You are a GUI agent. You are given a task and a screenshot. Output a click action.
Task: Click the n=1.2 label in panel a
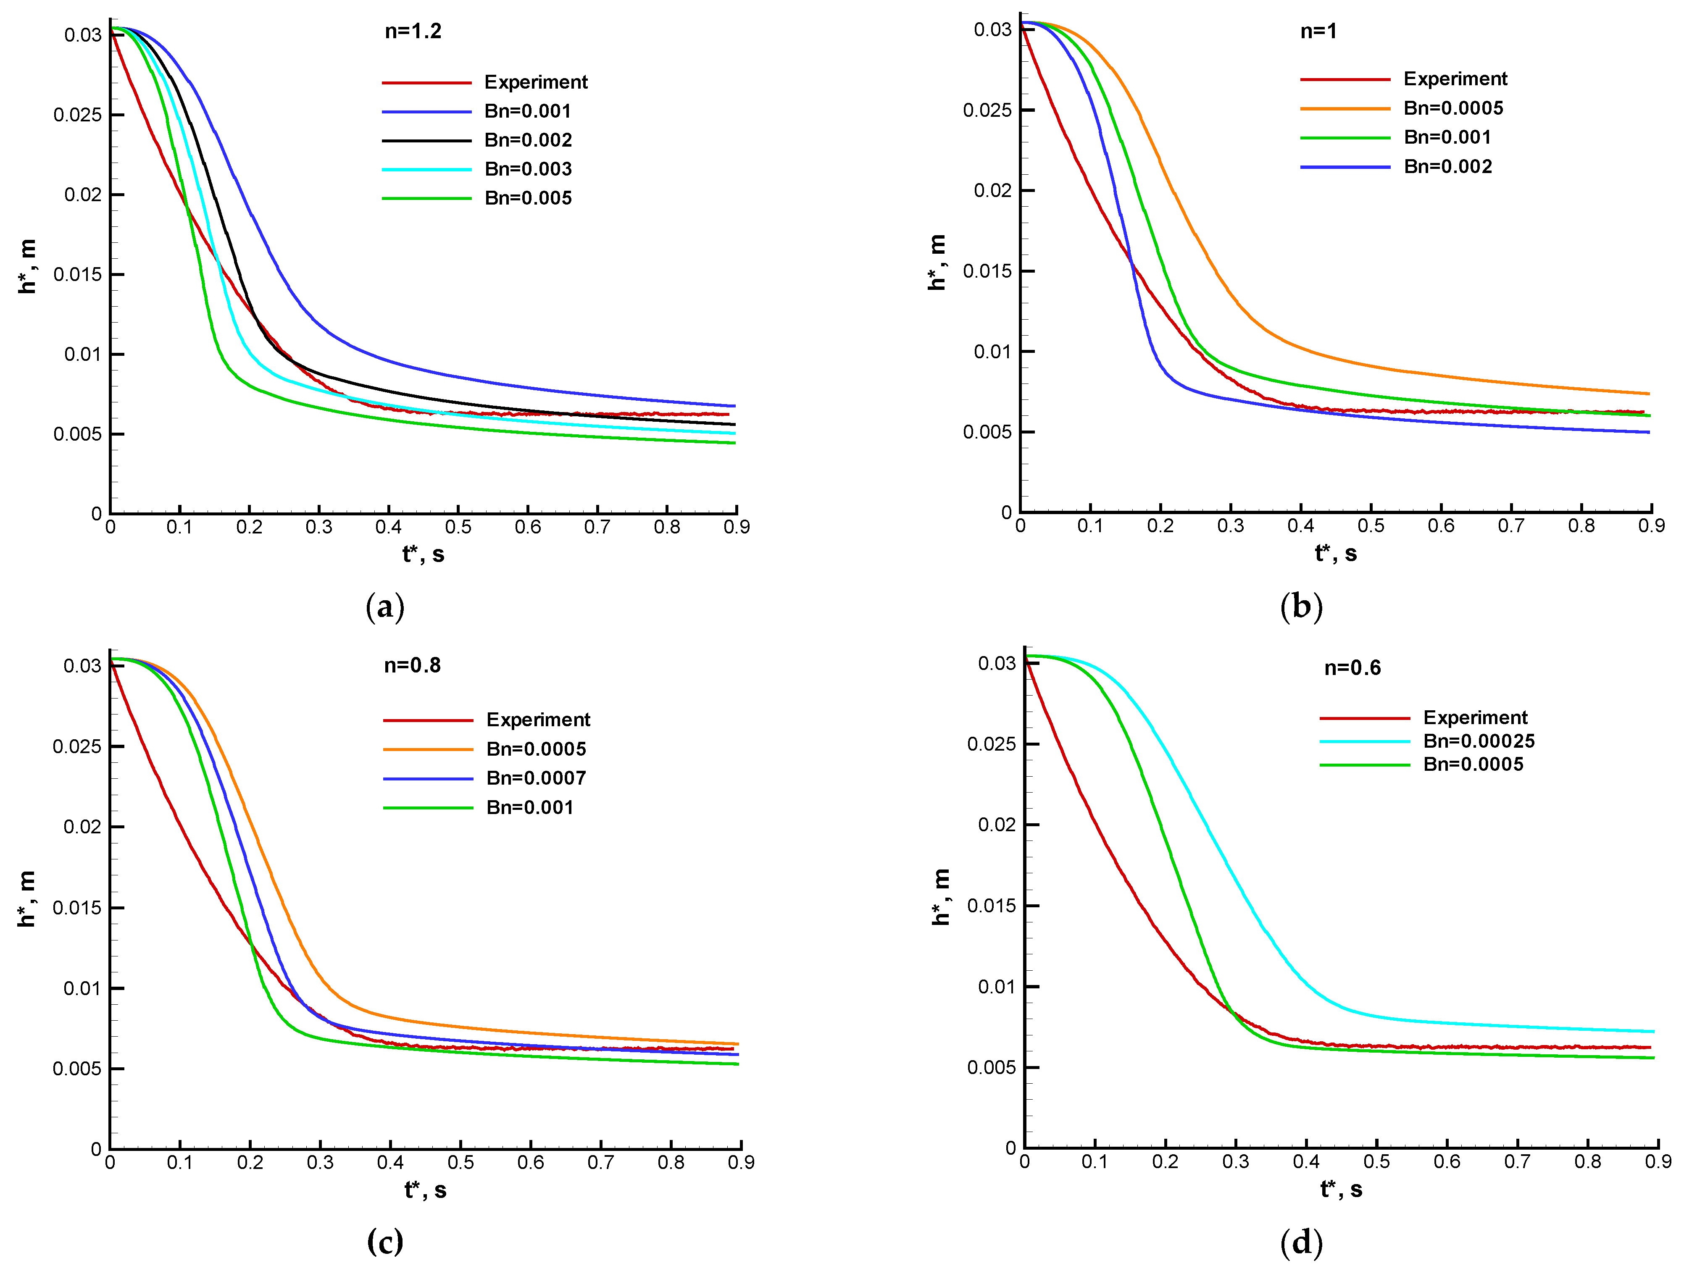pos(413,31)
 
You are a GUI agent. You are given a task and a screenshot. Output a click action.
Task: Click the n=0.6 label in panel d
pos(1352,667)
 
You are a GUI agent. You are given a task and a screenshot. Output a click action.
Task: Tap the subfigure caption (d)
pos(1301,1242)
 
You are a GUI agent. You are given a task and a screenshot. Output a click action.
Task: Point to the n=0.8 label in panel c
pos(412,665)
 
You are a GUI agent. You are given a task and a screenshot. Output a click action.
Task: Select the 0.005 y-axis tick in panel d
pos(991,1067)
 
